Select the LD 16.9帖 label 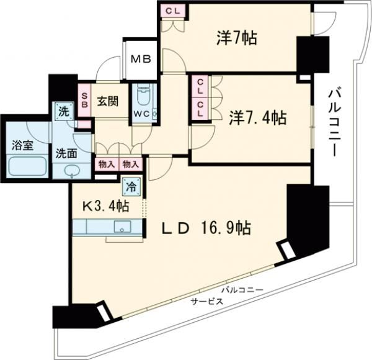coord(206,229)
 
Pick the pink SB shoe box coord(84,101)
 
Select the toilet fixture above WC coord(144,96)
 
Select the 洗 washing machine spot coord(63,112)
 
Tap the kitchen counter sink coord(123,227)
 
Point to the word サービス coord(206,300)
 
